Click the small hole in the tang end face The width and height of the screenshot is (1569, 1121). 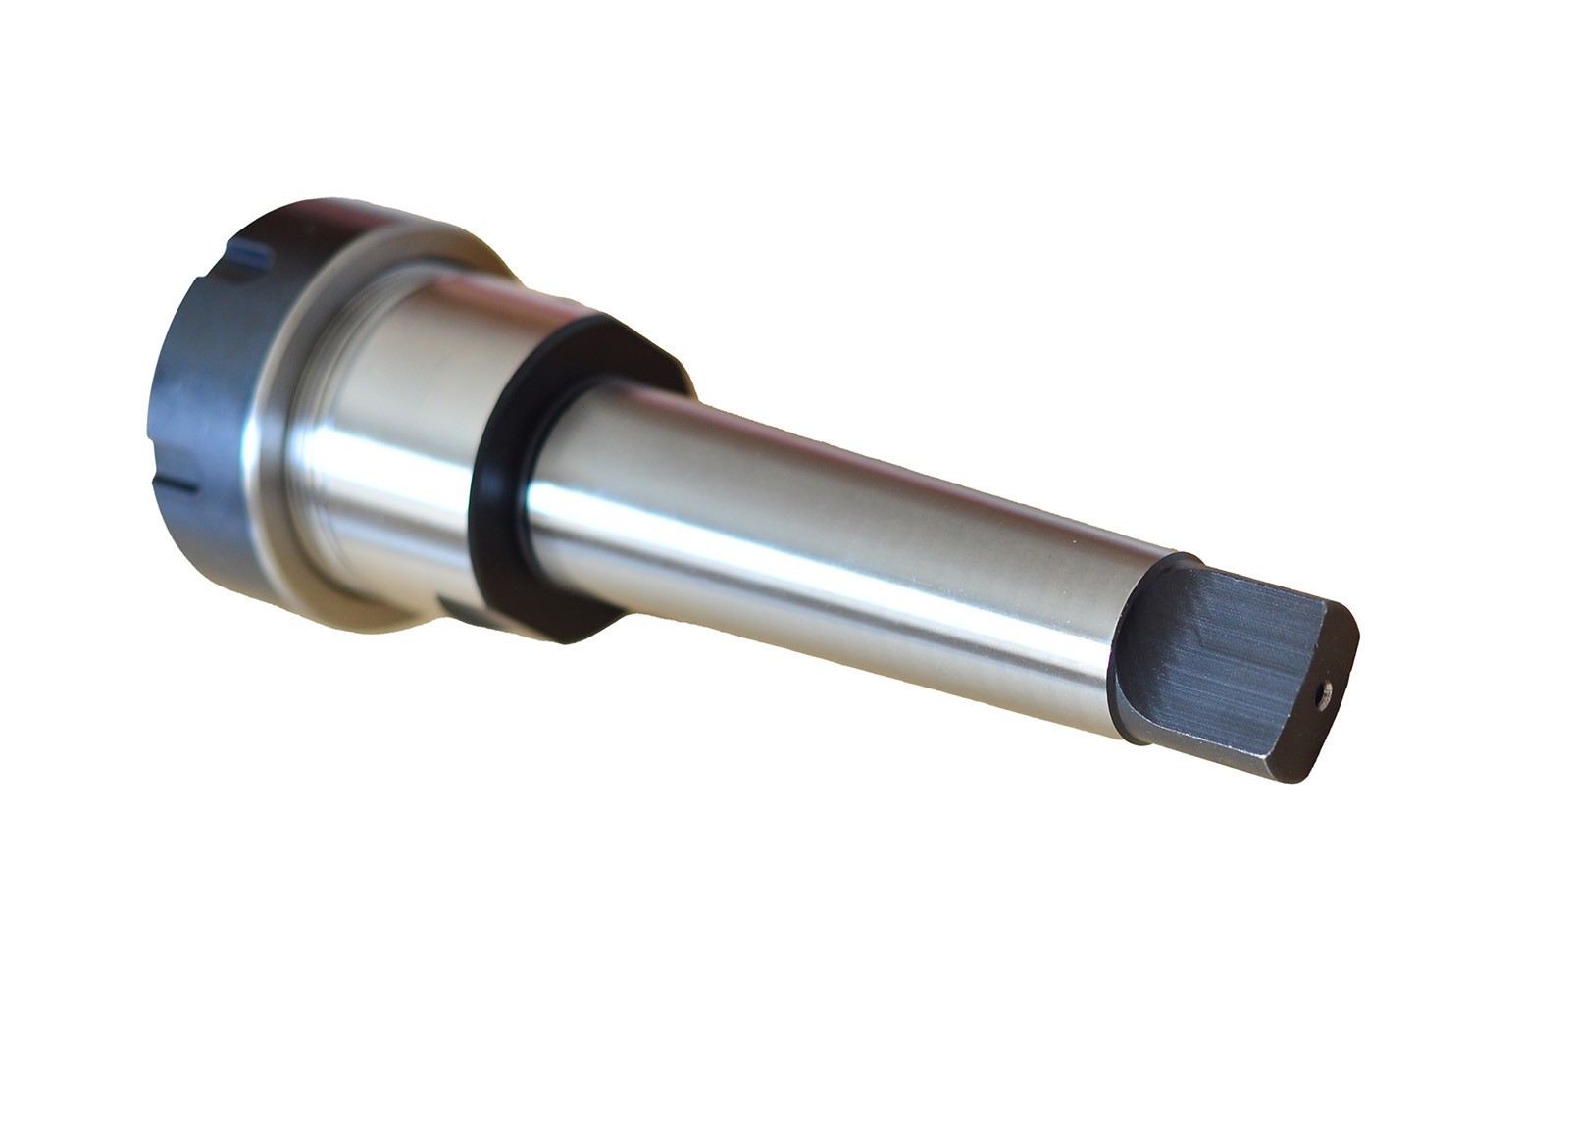[1323, 695]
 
